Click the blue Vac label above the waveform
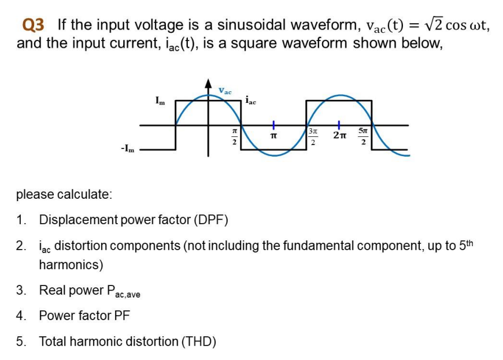pos(225,91)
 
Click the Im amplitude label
pos(160,101)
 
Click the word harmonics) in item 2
pos(71,265)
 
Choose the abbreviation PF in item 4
pos(122,316)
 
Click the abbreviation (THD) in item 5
pos(199,341)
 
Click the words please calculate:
pos(64,194)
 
